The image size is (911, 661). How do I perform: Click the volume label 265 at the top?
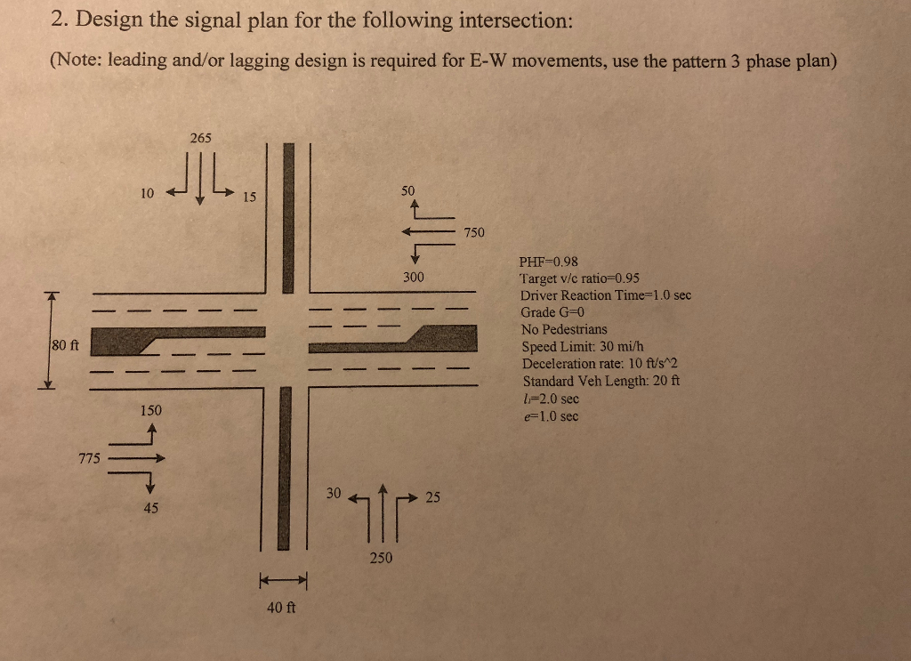tap(200, 138)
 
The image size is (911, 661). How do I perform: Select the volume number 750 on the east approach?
tap(474, 232)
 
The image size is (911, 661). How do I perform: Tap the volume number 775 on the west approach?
tap(89, 459)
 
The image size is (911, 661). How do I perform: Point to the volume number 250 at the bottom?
tap(381, 559)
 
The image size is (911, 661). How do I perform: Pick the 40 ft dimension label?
tap(282, 609)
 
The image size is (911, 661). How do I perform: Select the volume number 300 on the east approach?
tap(413, 278)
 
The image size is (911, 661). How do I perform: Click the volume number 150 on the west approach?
tap(150, 410)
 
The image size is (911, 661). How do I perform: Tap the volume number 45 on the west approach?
tap(150, 507)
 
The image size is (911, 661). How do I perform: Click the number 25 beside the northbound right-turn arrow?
tap(432, 496)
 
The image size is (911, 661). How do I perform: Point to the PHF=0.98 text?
tap(548, 262)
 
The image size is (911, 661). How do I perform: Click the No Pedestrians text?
tap(565, 329)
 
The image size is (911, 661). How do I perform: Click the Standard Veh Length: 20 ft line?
tap(601, 381)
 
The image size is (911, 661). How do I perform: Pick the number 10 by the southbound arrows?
tap(147, 192)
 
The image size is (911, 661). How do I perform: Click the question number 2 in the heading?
tap(58, 20)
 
